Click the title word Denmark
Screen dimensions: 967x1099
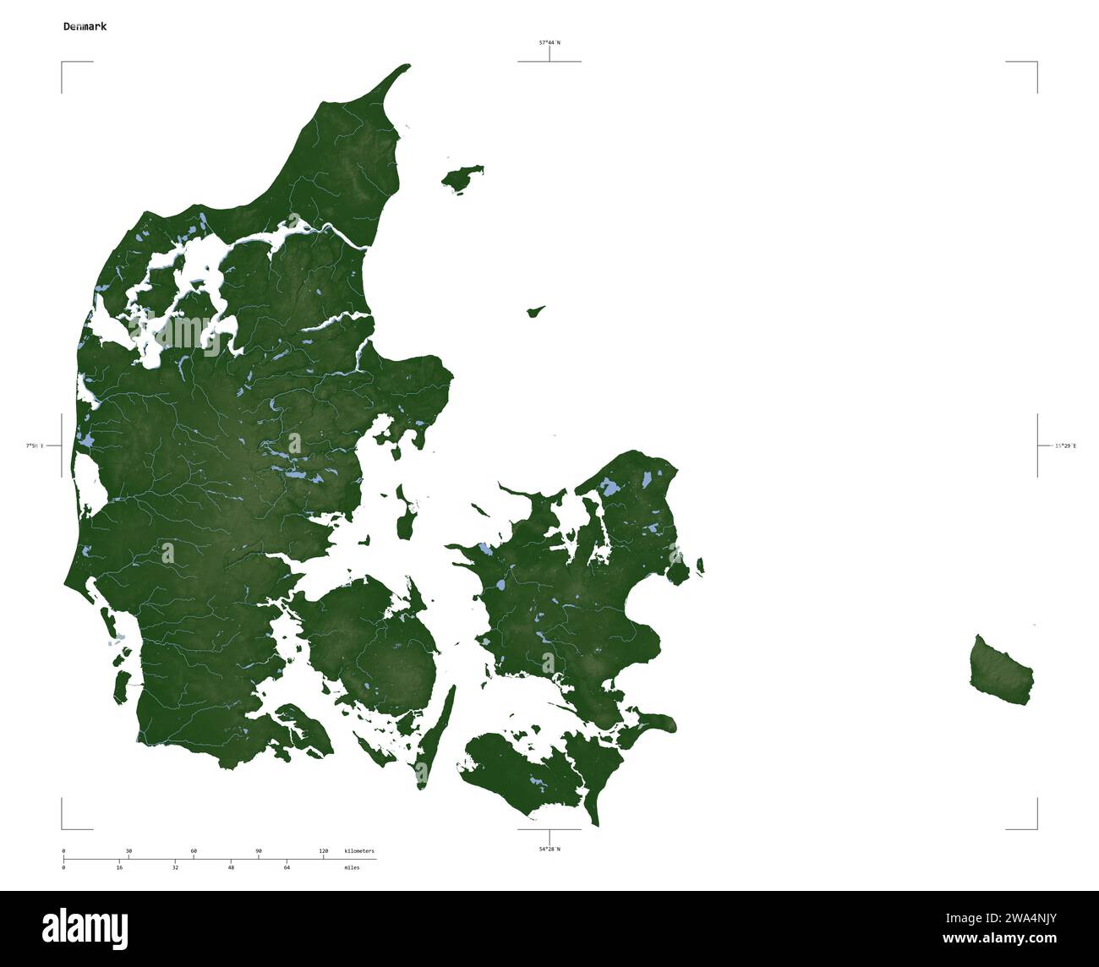(x=85, y=26)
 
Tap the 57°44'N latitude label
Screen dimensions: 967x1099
(x=549, y=42)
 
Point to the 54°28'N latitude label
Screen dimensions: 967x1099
(x=549, y=849)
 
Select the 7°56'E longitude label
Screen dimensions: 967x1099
(x=35, y=445)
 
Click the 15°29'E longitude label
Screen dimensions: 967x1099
(x=1065, y=445)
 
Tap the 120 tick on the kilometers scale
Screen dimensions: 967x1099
(x=323, y=851)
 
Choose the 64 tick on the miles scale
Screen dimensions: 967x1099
(x=287, y=867)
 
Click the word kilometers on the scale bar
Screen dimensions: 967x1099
(x=359, y=851)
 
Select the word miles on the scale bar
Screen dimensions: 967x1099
(x=352, y=867)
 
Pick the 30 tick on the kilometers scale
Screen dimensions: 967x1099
(x=128, y=851)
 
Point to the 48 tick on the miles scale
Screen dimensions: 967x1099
(x=231, y=867)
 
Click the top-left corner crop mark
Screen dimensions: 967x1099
(x=63, y=63)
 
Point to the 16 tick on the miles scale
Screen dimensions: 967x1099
(x=119, y=867)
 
